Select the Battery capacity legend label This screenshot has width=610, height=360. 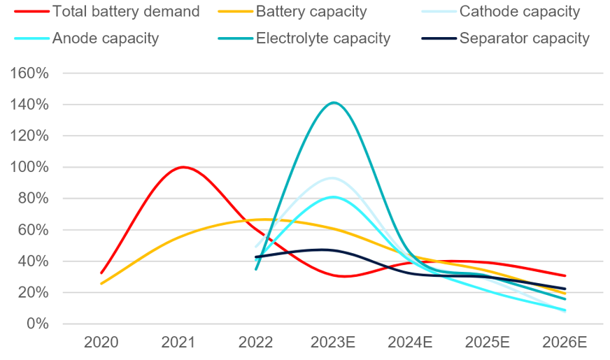tap(312, 12)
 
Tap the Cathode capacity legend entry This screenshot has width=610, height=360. tap(519, 12)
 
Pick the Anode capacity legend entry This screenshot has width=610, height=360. tap(105, 38)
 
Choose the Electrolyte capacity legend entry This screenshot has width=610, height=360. tap(322, 38)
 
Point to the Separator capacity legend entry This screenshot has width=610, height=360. tap(524, 38)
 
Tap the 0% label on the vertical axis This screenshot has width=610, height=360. tap(38, 324)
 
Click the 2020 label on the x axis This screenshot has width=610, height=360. tap(101, 343)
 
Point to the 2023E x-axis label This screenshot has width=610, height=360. tap(334, 343)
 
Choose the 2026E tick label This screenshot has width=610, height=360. tap(565, 343)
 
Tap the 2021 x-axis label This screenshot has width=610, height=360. tap(178, 343)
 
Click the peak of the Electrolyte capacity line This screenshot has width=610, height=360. tap(334, 103)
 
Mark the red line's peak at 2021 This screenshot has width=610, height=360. tap(183, 167)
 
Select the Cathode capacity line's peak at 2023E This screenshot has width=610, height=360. tap(332, 178)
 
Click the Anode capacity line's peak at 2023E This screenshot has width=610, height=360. tap(334, 196)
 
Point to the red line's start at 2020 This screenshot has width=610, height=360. tap(101, 273)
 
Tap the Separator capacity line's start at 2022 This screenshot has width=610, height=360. tap(256, 257)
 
